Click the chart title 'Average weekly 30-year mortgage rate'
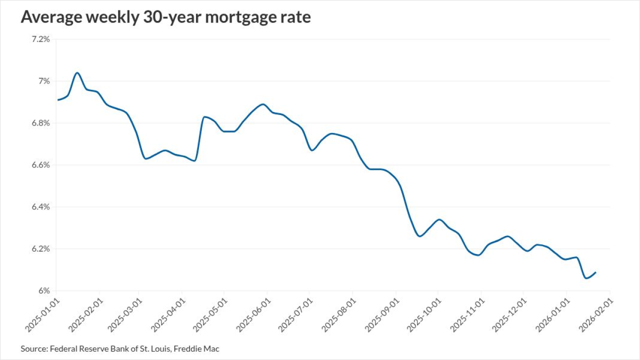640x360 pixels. coord(165,17)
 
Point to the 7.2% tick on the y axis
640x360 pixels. coord(40,39)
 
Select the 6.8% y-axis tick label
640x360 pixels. coord(40,123)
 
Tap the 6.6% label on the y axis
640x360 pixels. coord(40,165)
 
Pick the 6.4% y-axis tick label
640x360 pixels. coord(40,207)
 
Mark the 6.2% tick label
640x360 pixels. coord(40,249)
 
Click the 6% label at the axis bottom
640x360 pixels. coord(43,291)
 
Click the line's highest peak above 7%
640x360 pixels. coord(77,72)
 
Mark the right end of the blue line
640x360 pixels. coord(596,272)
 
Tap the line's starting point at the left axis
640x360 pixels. coord(57,100)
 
